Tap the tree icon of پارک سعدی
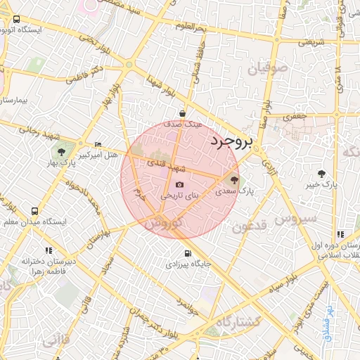[x=235, y=179]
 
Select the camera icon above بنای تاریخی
[x=179, y=185]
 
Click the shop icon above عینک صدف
[x=183, y=112]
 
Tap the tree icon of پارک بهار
[x=62, y=152]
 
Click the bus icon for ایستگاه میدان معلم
[x=35, y=211]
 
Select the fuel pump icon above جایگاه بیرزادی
[x=187, y=254]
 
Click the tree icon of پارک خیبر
[x=322, y=173]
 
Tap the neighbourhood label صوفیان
[x=268, y=69]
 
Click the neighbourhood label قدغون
[x=250, y=226]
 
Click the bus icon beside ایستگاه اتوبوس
[x=16, y=20]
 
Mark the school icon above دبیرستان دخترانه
[x=49, y=250]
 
